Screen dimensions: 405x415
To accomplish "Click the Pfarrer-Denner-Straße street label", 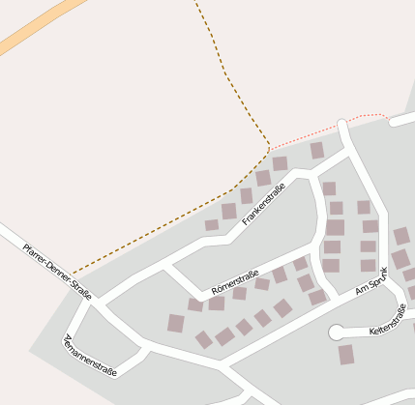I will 56,272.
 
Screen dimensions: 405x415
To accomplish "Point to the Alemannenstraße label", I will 89,355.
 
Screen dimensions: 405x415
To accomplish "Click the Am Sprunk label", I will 377,280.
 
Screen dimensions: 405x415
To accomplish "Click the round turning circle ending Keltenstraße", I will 337,333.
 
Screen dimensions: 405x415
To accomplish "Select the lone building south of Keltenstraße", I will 346,355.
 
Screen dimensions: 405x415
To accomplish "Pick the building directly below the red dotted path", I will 317,150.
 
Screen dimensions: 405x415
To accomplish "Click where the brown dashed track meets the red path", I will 269,150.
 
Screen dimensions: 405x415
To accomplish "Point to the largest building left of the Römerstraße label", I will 175,323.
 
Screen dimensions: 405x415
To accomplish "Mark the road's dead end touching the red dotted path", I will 342,123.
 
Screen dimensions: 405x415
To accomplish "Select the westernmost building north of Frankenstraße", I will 212,225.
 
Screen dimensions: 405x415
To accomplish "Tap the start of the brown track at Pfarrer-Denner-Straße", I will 71,275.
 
